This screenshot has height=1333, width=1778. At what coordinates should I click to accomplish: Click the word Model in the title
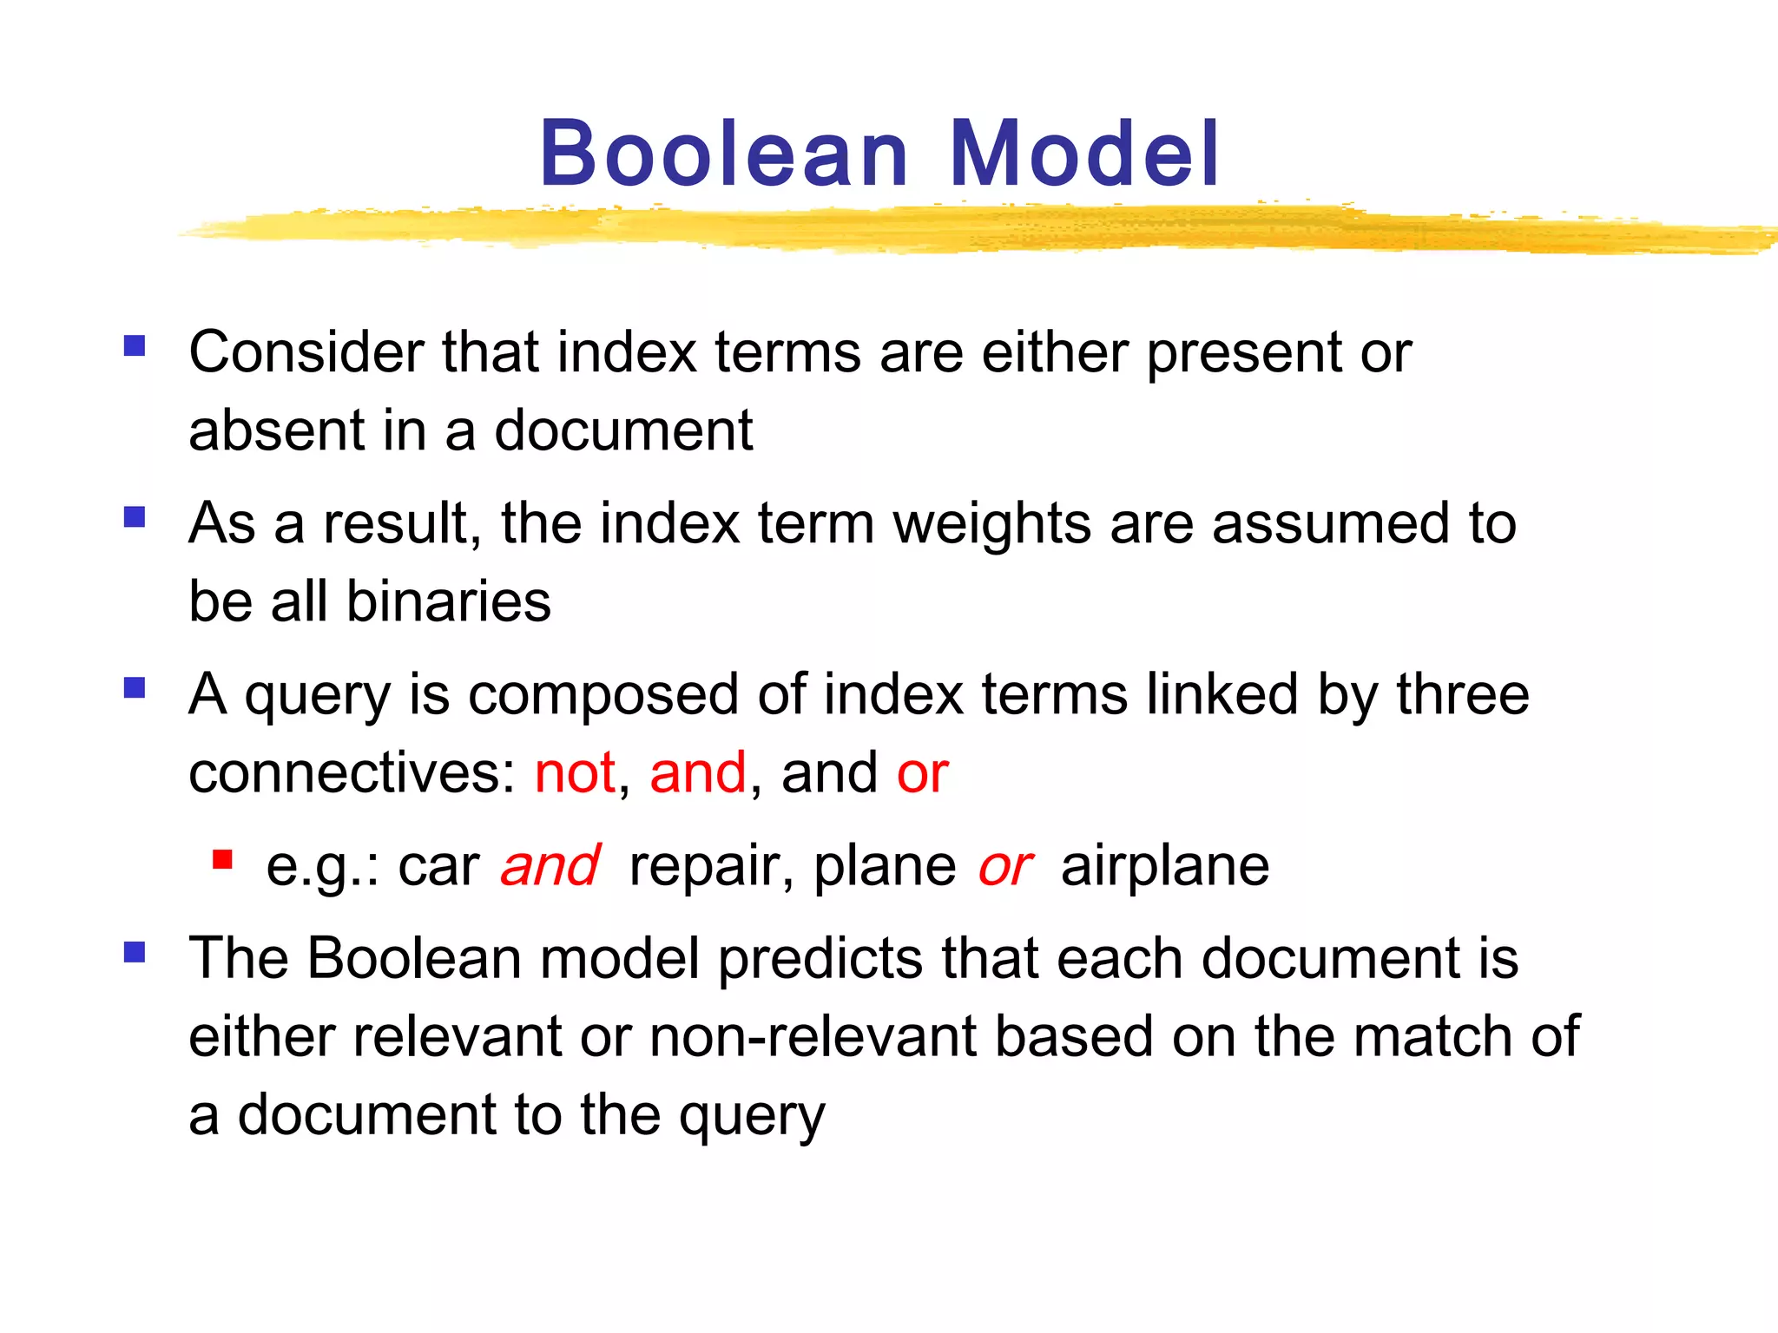click(1085, 154)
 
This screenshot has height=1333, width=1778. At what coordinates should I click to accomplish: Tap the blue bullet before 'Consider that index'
click(135, 346)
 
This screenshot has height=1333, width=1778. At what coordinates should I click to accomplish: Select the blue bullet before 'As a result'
click(135, 517)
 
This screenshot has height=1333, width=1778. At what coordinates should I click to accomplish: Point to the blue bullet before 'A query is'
click(135, 688)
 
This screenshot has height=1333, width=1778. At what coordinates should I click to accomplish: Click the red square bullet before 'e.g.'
click(222, 859)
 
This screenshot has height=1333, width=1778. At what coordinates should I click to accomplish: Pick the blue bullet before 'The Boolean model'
click(135, 953)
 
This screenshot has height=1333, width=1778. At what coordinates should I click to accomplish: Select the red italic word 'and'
click(550, 865)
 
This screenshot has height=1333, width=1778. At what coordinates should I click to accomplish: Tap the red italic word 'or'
click(1004, 865)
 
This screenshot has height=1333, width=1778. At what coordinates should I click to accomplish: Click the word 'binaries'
click(448, 601)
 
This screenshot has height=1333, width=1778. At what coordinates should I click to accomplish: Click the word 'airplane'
click(1164, 865)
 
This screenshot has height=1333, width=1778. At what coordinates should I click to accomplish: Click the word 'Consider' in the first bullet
click(306, 352)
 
